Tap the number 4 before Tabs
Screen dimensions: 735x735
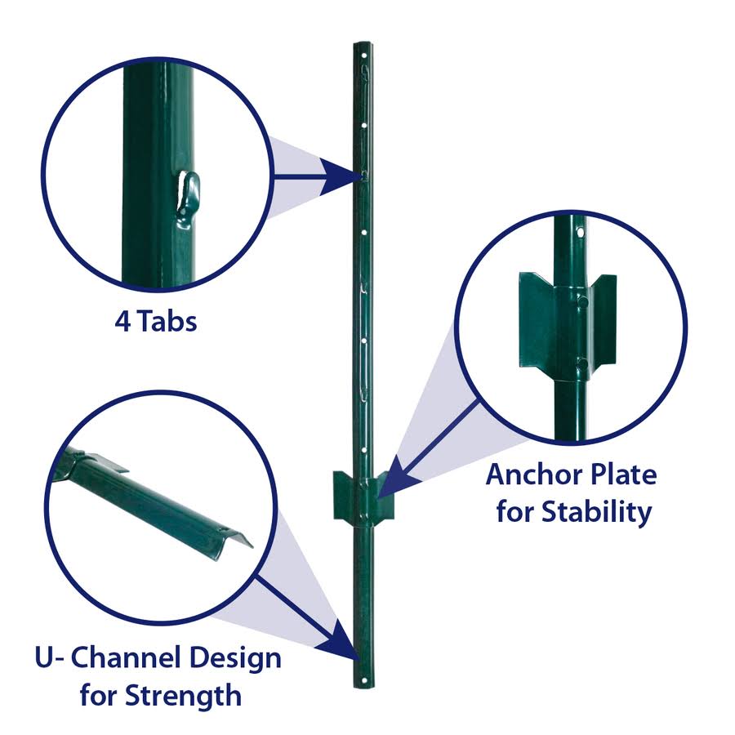[x=122, y=321]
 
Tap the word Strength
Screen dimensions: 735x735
[x=184, y=696]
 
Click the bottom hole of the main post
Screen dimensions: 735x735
[x=359, y=677]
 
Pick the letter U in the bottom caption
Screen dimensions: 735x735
[x=46, y=657]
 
